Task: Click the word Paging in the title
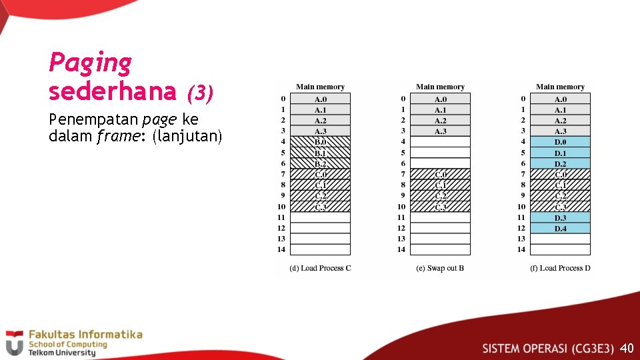tap(90, 63)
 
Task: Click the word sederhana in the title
tap(112, 91)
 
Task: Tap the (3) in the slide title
tap(199, 93)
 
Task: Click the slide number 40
tap(626, 348)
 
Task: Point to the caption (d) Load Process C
tap(320, 268)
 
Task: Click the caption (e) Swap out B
tap(440, 268)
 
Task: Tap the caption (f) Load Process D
tap(560, 268)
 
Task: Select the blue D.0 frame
tap(560, 142)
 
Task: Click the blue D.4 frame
tap(560, 228)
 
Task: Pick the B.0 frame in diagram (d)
tap(320, 142)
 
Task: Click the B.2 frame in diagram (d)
tap(320, 163)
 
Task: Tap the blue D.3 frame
tap(560, 217)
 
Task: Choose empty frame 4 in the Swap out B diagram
tap(440, 142)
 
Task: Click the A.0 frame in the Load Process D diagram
tap(560, 99)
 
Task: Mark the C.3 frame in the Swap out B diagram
tap(440, 207)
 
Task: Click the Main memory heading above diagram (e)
tap(440, 87)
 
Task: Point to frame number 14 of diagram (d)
tap(281, 249)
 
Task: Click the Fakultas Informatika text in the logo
tap(85, 334)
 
